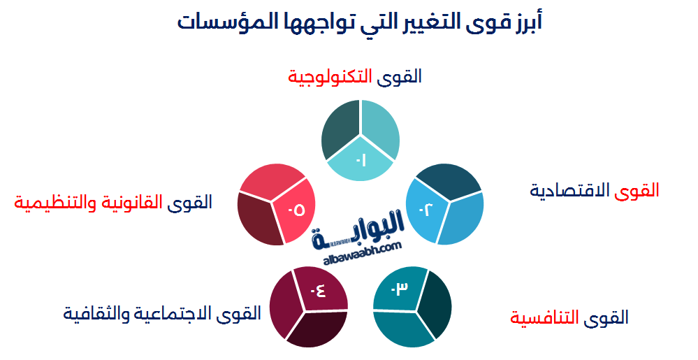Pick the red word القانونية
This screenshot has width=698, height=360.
click(133, 203)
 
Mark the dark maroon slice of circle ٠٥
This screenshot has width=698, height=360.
click(257, 220)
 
